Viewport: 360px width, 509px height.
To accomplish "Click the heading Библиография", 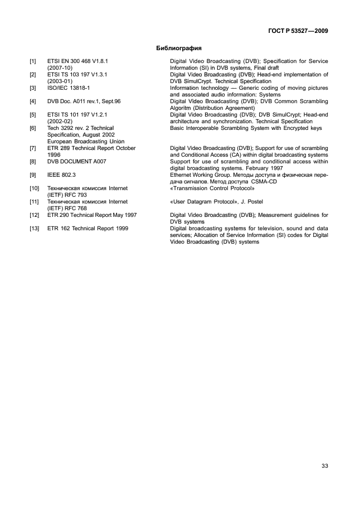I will tap(179, 48).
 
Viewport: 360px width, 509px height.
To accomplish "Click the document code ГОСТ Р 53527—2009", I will tap(294, 31).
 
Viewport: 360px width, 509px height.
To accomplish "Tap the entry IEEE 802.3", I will tap(62, 174).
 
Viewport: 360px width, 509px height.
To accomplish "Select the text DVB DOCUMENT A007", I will tap(77, 161).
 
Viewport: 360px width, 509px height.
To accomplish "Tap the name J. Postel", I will tap(251, 201).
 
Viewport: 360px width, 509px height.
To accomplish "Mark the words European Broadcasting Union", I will tap(85, 141).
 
